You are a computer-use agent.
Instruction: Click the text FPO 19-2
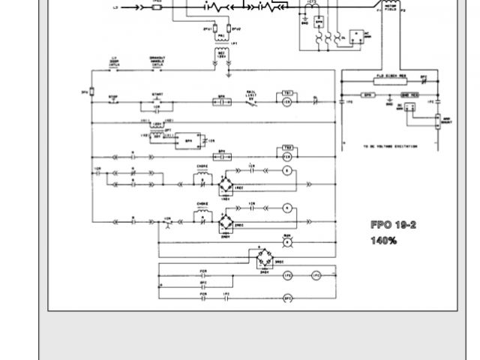[x=392, y=225]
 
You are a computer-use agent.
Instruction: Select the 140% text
[x=382, y=241]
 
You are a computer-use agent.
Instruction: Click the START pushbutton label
[x=157, y=94]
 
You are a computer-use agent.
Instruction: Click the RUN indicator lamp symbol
[x=286, y=241]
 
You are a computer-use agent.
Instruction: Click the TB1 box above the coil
[x=286, y=91]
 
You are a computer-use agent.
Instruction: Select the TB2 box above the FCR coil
[x=286, y=147]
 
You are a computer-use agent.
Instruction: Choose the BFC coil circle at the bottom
[x=286, y=298]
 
